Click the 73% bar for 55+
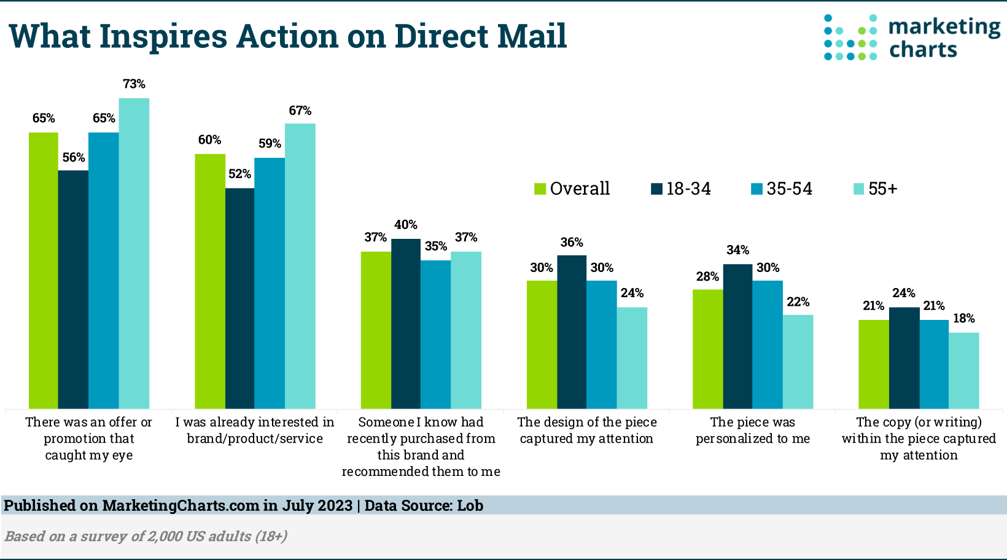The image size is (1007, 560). pos(134,253)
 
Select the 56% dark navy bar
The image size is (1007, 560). pos(73,289)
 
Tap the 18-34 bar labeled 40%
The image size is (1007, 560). pos(406,324)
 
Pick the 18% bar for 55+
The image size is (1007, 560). pos(964,371)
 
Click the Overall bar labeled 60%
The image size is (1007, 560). pos(210,281)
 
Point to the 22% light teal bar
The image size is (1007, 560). pos(798,362)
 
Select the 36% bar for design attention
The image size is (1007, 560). pos(572,332)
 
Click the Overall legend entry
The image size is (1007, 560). pos(572,189)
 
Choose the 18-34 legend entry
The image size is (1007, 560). pos(681,189)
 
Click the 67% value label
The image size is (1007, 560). pos(300,111)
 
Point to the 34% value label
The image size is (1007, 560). pos(737,250)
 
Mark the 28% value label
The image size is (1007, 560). pos(707,276)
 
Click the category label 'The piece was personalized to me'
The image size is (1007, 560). pos(753,430)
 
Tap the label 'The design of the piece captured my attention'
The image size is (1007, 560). pos(587,430)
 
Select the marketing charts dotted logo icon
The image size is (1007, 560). pos(851,37)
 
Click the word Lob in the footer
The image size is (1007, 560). pos(470,505)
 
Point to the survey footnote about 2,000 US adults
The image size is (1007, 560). pos(146,536)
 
